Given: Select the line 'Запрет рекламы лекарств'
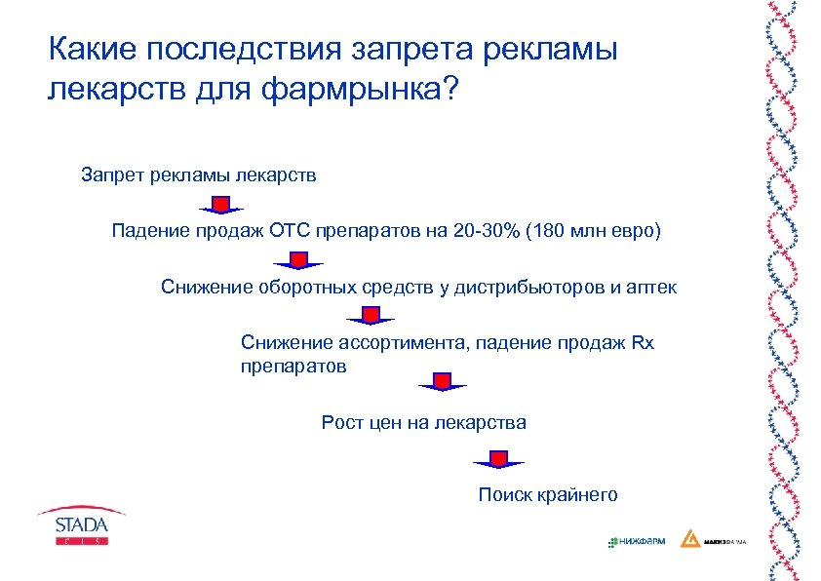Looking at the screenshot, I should (199, 176).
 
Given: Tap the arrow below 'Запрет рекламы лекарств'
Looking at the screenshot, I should (221, 205).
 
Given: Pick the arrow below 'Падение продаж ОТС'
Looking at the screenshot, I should (299, 260).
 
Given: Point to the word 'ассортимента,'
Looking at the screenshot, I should (403, 343).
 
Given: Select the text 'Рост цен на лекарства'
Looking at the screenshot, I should (423, 423).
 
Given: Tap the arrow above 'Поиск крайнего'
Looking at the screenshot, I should (498, 459).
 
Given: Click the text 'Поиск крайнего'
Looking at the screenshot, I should (548, 495).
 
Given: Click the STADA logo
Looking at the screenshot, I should (81, 527).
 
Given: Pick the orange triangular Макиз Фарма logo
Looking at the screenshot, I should (689, 539).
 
